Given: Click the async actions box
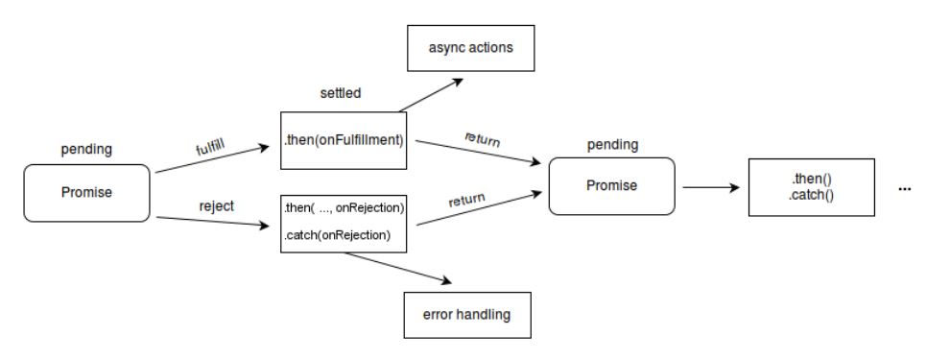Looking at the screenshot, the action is click(471, 48).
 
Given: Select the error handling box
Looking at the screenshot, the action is click(467, 315).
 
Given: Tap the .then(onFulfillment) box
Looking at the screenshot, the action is click(344, 141).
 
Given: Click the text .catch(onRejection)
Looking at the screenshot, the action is click(337, 235).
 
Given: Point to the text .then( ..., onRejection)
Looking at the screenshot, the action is click(344, 208).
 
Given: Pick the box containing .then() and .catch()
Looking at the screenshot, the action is click(812, 187).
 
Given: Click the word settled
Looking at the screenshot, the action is click(341, 93).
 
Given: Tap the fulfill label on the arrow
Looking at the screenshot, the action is click(211, 145).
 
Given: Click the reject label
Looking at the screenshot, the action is click(216, 206).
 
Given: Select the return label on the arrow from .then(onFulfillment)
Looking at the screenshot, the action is click(483, 139).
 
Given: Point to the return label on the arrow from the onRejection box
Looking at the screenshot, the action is click(466, 200).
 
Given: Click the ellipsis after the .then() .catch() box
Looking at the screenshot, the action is click(904, 189).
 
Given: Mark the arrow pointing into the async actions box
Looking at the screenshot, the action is click(432, 95).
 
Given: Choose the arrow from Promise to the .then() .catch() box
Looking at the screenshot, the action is click(712, 188).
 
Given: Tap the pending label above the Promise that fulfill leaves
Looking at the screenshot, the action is click(86, 150).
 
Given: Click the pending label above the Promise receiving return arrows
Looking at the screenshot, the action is click(612, 145).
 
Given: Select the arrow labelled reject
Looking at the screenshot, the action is click(213, 222).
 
